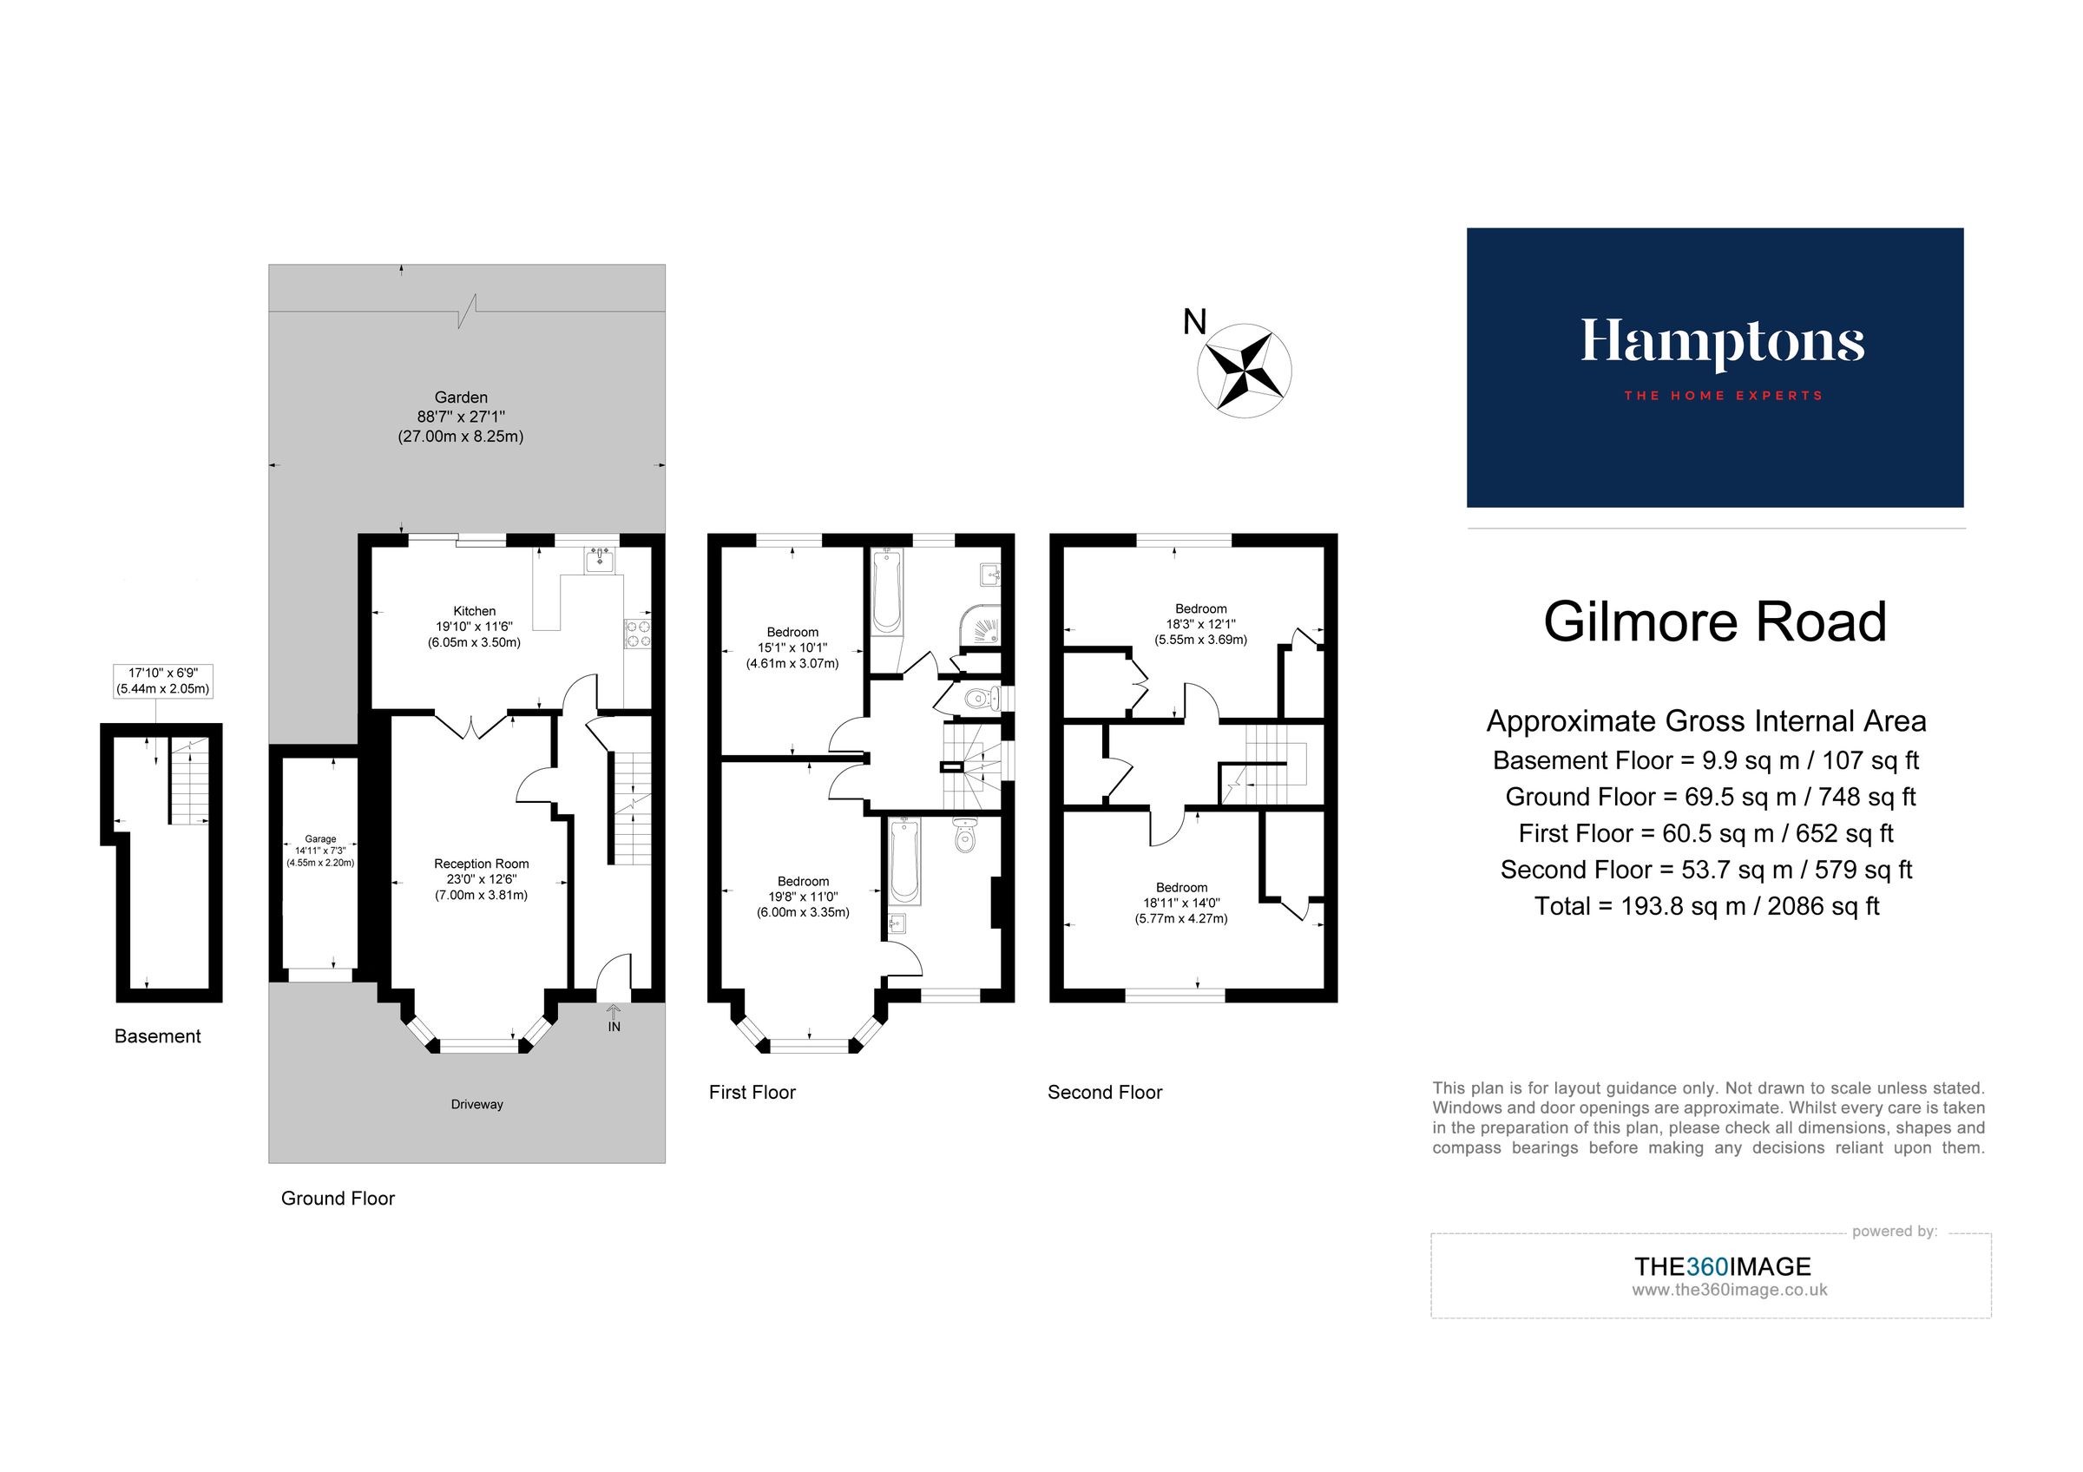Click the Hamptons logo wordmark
coord(1721,343)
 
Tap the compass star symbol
coord(1244,371)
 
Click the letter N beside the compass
coord(1195,322)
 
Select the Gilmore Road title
coord(1715,622)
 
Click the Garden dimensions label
coord(461,417)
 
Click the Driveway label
coord(476,1105)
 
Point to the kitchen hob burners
coord(638,633)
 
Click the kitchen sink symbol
coord(600,560)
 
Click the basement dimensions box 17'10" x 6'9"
coord(162,680)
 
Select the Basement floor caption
coord(157,1036)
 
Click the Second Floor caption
coord(1104,1093)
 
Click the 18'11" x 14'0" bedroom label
coord(1181,904)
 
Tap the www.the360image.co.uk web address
coord(1728,1290)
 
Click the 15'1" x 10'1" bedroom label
coord(792,647)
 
